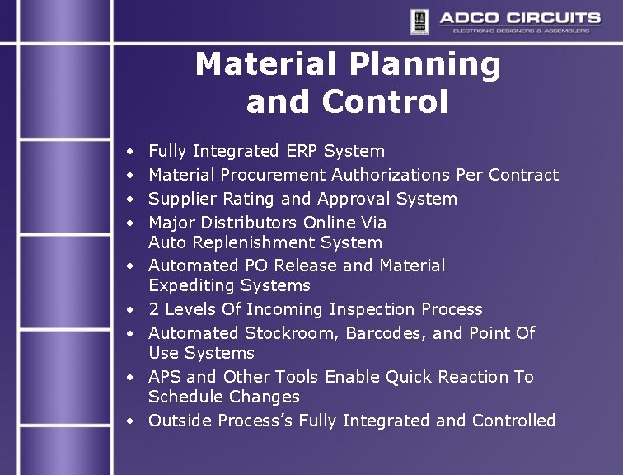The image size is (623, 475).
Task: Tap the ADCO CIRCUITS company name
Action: tap(519, 17)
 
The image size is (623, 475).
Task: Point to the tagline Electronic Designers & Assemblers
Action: tap(521, 31)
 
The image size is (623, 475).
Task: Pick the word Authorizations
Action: tap(391, 175)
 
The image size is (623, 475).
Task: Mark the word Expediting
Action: tap(192, 285)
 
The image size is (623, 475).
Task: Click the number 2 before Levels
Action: tap(153, 309)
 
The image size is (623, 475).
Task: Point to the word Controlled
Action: tap(513, 421)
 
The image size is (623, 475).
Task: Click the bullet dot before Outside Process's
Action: tap(131, 421)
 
